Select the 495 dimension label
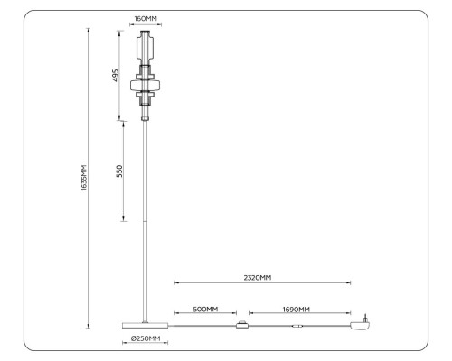point(116,75)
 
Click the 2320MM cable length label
point(259,278)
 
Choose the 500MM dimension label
point(205,309)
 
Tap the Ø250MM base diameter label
point(144,338)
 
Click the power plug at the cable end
point(363,324)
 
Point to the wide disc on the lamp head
point(146,86)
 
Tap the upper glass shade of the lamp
point(146,45)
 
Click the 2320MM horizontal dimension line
point(262,284)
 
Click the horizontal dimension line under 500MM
point(205,315)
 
